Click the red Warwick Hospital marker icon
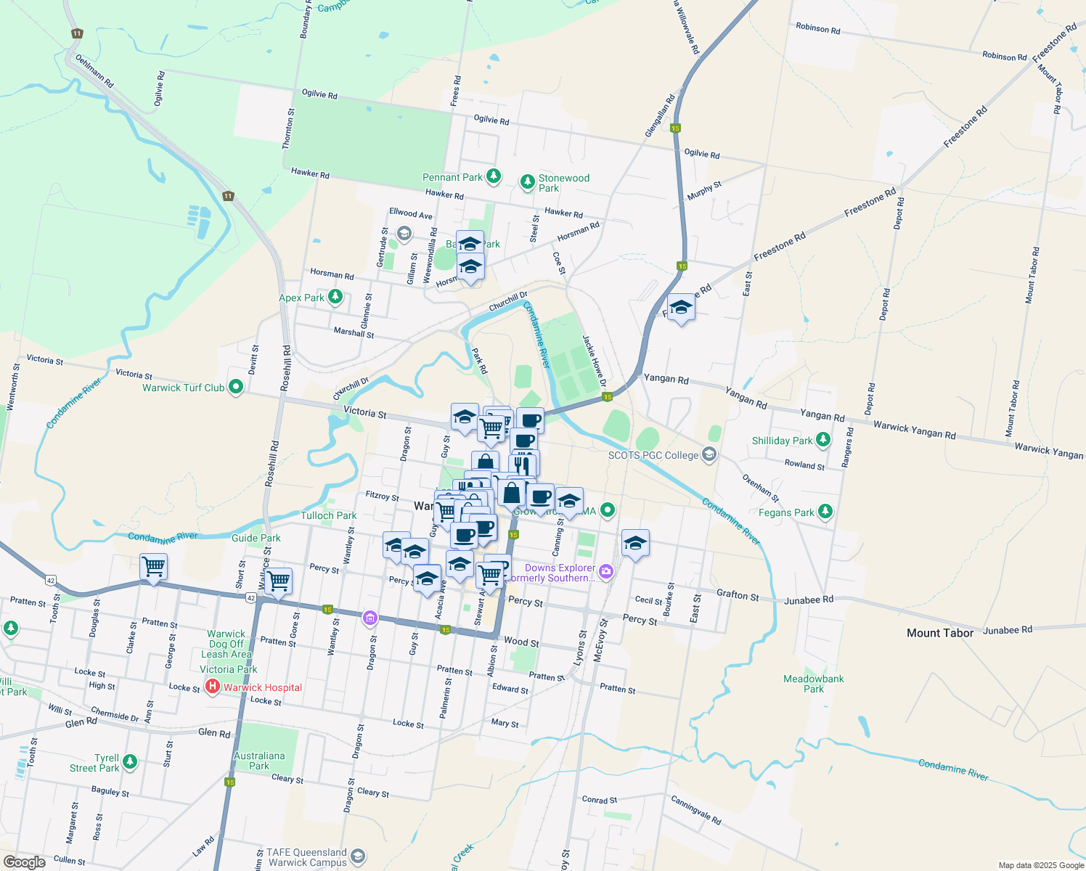[x=213, y=687]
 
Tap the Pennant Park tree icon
[x=494, y=176]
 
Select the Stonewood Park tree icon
[x=528, y=181]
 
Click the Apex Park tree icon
[x=335, y=297]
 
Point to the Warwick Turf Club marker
[x=236, y=387]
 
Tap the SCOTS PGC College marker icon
[x=709, y=455]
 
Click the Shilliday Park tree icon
[x=822, y=440]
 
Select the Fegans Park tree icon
[x=825, y=512]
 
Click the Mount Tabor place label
[x=940, y=633]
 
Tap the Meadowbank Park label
[x=813, y=684]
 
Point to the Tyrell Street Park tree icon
[x=130, y=761]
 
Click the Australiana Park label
[x=259, y=761]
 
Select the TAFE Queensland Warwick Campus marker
[x=357, y=857]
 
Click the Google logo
[x=25, y=862]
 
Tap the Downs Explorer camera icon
[x=606, y=572]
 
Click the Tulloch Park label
[x=329, y=515]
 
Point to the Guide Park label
[x=256, y=538]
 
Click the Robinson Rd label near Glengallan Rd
[x=817, y=28]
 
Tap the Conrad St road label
[x=600, y=800]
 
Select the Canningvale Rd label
[x=695, y=810]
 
